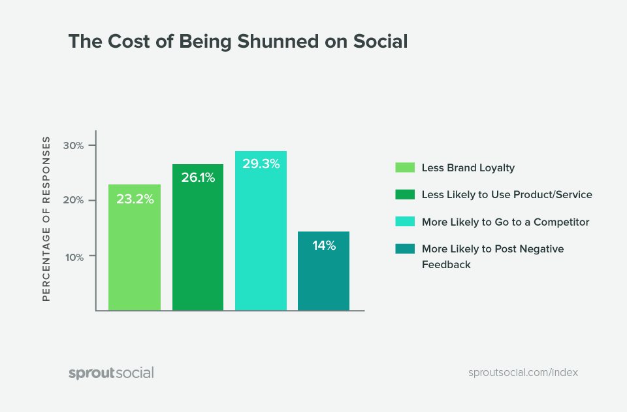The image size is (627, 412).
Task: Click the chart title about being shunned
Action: tap(238, 42)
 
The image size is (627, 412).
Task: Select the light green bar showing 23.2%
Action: tap(135, 249)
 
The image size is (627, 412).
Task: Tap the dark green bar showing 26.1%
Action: tap(198, 239)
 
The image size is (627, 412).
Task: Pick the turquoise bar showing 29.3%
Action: tap(261, 232)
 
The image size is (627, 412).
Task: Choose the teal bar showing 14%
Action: tap(323, 271)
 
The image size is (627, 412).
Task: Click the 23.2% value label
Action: tap(135, 199)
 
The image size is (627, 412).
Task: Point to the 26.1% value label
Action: tap(198, 177)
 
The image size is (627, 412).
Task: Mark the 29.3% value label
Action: tap(261, 164)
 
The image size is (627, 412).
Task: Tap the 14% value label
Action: tap(323, 246)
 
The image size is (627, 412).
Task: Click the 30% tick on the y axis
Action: tap(74, 145)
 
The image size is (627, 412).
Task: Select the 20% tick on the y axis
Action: tap(74, 201)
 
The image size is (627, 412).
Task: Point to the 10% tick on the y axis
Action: tap(74, 257)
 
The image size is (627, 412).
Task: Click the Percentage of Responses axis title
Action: tap(46, 218)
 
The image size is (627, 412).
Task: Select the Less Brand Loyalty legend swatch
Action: tap(405, 167)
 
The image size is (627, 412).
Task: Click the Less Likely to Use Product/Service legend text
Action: tap(507, 195)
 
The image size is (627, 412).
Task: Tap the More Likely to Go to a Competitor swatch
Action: tap(405, 222)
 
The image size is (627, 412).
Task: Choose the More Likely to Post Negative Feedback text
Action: tap(492, 256)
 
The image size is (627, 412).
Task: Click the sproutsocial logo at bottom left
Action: tap(111, 373)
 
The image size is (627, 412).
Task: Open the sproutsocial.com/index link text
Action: tap(523, 372)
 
